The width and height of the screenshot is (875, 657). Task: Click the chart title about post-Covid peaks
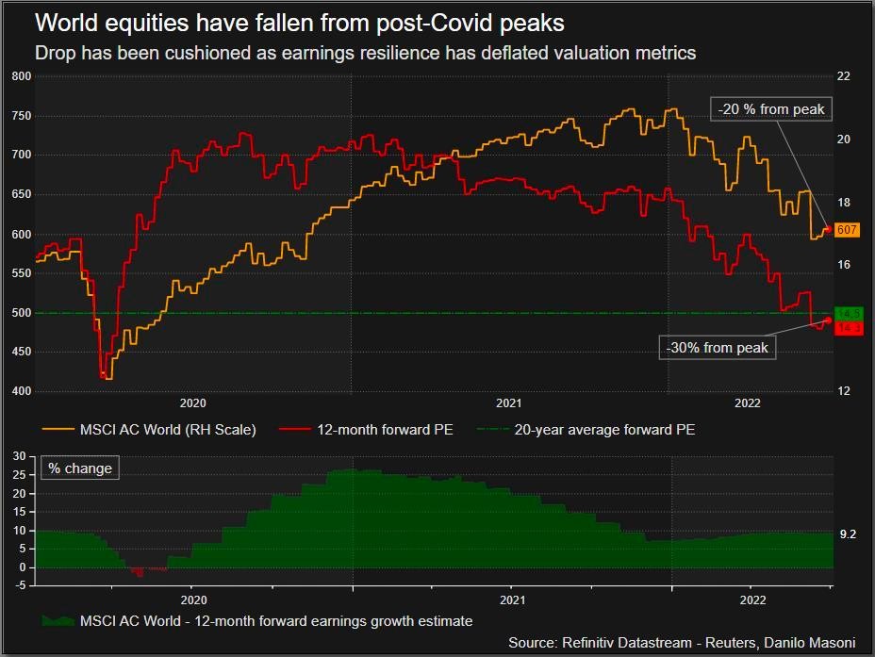[x=300, y=22]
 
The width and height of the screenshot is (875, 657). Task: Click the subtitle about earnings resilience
[x=366, y=53]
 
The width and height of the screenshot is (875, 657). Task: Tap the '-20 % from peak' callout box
[x=771, y=109]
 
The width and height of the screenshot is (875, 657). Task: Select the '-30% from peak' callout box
[x=717, y=348]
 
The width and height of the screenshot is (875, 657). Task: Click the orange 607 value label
[x=847, y=230]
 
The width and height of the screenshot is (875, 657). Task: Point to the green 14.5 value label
[x=849, y=313]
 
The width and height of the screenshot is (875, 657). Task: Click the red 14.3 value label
[x=849, y=328]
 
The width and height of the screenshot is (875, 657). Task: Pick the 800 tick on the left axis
[x=21, y=76]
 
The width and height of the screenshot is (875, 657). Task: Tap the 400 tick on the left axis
[x=21, y=390]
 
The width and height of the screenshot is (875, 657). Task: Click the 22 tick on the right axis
[x=844, y=76]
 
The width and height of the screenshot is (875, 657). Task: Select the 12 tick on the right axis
[x=844, y=390]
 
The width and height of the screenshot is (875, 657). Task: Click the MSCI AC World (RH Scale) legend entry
[x=149, y=430]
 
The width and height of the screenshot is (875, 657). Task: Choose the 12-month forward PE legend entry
[x=366, y=430]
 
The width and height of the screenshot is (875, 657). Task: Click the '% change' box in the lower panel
[x=79, y=468]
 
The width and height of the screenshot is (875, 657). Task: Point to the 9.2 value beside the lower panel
[x=848, y=534]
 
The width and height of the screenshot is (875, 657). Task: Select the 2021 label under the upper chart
[x=508, y=403]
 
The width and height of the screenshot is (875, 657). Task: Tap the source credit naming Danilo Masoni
[x=682, y=643]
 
